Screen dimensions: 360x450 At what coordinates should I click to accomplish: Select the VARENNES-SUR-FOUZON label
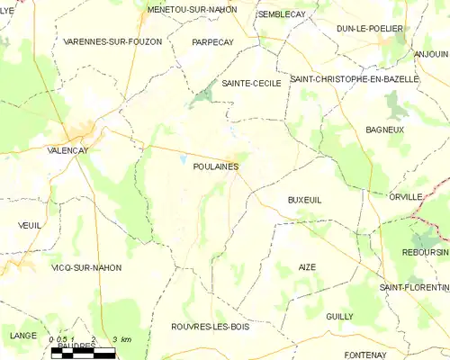pyautogui.click(x=113, y=41)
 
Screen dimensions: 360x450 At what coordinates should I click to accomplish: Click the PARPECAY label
pyautogui.click(x=213, y=41)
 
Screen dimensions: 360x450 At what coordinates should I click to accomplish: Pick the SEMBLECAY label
pyautogui.click(x=282, y=14)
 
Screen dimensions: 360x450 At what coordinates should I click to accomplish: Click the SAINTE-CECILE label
pyautogui.click(x=252, y=83)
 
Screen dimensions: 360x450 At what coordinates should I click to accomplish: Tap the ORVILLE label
pyautogui.click(x=405, y=196)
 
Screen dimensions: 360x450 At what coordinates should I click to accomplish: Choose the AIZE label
pyautogui.click(x=307, y=267)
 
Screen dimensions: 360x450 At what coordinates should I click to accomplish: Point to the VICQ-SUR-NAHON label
pyautogui.click(x=86, y=267)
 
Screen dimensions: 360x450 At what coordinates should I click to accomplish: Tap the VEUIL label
pyautogui.click(x=30, y=225)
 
